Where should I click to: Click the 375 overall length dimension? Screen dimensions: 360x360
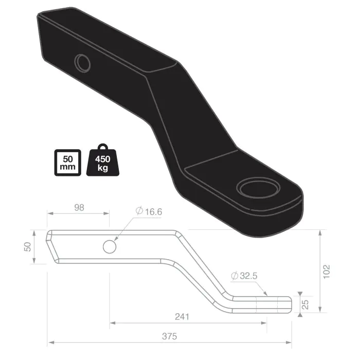pos(169,336)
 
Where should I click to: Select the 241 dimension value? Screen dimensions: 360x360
pos(181,317)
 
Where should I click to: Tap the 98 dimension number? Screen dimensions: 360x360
pos(78,207)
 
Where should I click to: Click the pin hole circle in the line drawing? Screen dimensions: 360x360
pos(110,246)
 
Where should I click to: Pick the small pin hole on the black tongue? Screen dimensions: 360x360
pos(82,63)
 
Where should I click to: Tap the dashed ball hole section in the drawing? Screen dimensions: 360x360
pos(267,303)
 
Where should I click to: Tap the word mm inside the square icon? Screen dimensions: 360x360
pos(67,168)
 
